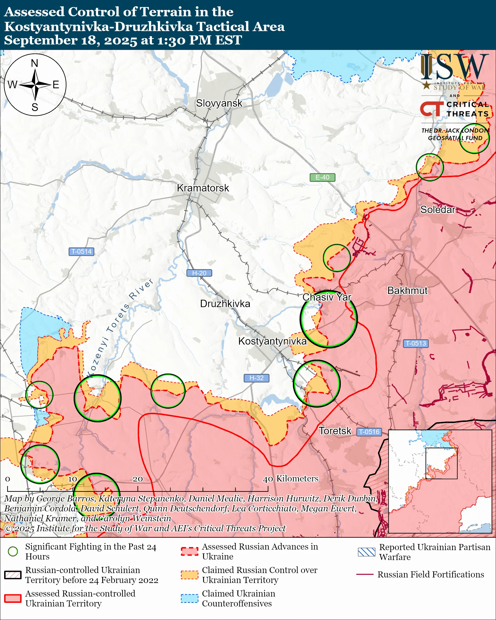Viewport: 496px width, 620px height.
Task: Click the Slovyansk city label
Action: (219, 103)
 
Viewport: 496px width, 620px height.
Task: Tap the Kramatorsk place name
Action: (203, 188)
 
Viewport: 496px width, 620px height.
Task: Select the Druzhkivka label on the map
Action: (225, 304)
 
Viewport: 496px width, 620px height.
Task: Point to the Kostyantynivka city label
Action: (272, 341)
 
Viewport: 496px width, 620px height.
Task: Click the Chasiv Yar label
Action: (327, 297)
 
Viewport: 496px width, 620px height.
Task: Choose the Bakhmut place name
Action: (408, 290)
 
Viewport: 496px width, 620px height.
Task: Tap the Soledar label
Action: (438, 210)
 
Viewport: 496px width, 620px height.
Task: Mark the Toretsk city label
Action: (335, 431)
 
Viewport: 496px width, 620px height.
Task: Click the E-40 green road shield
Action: (322, 177)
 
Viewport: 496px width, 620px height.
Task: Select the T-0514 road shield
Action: (81, 251)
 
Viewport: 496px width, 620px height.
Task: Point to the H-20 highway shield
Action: (199, 273)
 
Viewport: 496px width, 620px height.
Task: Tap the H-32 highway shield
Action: (256, 378)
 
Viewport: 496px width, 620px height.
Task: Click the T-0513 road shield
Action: (416, 343)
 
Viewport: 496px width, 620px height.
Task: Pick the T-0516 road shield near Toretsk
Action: (369, 432)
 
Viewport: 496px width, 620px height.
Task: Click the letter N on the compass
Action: (35, 63)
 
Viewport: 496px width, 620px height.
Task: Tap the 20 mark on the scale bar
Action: (138, 479)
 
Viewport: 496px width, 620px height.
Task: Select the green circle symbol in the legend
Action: (13, 551)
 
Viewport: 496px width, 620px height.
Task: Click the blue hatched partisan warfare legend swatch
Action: (366, 552)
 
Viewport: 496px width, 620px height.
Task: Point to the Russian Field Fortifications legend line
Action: (365, 575)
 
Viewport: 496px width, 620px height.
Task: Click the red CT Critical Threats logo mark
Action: (431, 109)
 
